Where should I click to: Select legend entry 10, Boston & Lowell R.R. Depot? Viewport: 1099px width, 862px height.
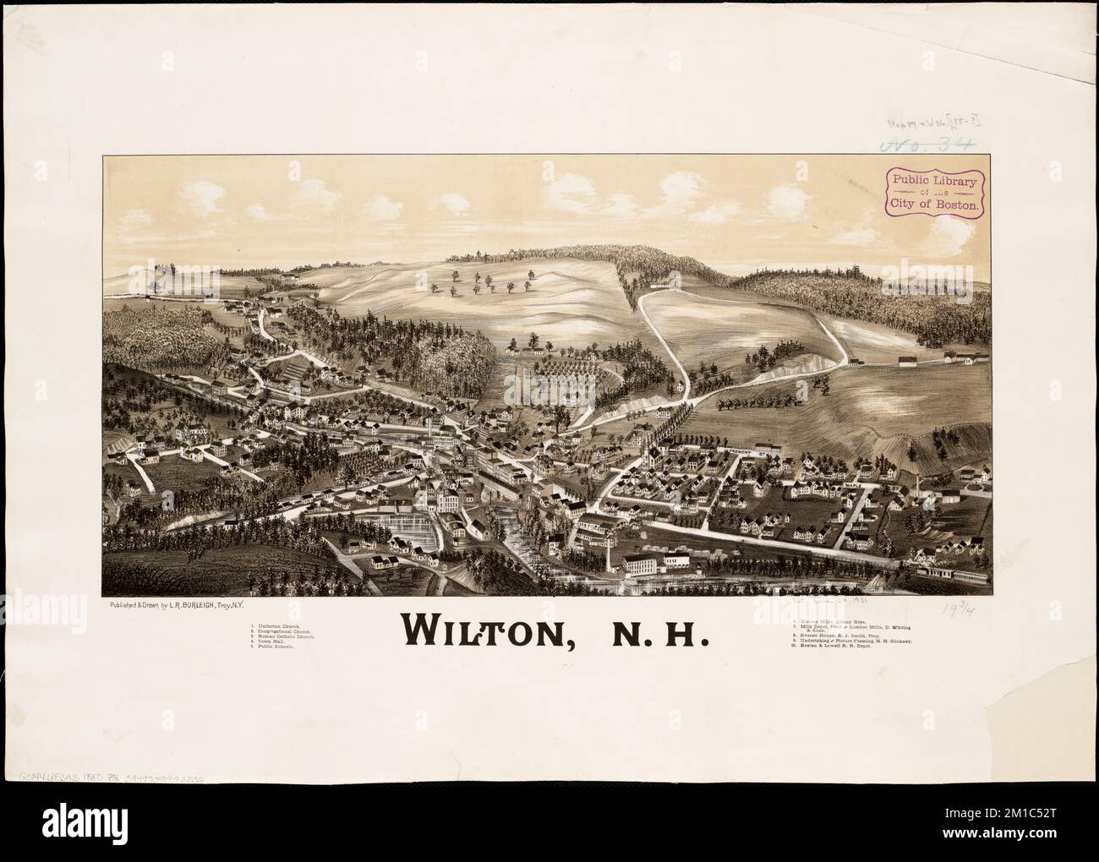click(x=849, y=648)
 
